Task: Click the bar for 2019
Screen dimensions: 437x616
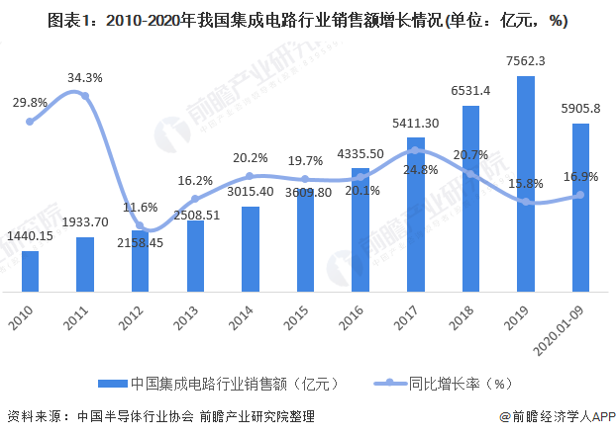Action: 526,184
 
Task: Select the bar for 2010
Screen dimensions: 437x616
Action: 31,271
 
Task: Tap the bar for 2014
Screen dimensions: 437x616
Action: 251,249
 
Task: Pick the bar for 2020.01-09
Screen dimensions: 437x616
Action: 580,208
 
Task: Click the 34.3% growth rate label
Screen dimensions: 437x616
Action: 87,76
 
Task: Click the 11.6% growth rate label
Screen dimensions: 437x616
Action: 141,208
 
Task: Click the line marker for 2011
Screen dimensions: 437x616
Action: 85,96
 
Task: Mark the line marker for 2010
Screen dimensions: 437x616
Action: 31,122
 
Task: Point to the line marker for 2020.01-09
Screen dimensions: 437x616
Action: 580,195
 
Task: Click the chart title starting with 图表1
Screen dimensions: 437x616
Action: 307,19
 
